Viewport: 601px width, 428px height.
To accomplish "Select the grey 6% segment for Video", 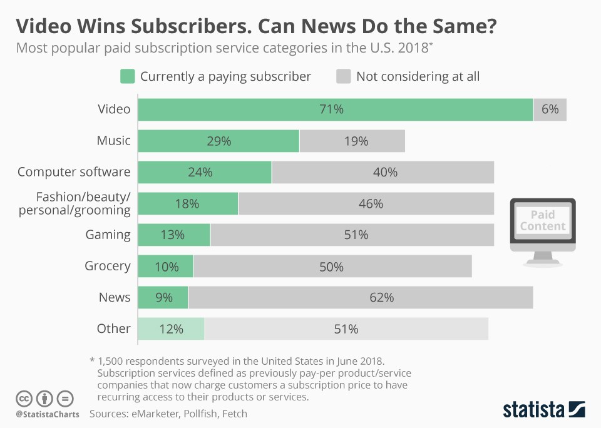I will pyautogui.click(x=550, y=110).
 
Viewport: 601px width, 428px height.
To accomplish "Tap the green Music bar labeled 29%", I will pyautogui.click(x=218, y=141).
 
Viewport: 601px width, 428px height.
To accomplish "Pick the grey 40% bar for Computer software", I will pyautogui.click(x=383, y=172).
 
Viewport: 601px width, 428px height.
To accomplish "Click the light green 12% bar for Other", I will pyautogui.click(x=171, y=329).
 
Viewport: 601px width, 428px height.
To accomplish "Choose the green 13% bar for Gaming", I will pyautogui.click(x=174, y=235).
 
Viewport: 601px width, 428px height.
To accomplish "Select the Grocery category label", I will pyautogui.click(x=108, y=266).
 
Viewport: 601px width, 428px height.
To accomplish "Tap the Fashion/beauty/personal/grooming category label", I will pyautogui.click(x=74, y=203).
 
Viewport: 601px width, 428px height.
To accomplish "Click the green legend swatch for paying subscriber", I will pyautogui.click(x=128, y=76).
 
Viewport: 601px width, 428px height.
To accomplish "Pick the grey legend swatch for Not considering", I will pyautogui.click(x=344, y=76).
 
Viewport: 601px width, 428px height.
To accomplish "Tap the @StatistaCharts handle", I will pyautogui.click(x=48, y=414).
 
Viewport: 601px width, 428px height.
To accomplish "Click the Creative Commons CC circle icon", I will pyautogui.click(x=24, y=398).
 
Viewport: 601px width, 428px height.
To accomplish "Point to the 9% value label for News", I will pyautogui.click(x=164, y=297).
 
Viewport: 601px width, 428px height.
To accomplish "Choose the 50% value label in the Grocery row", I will pyautogui.click(x=331, y=266).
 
